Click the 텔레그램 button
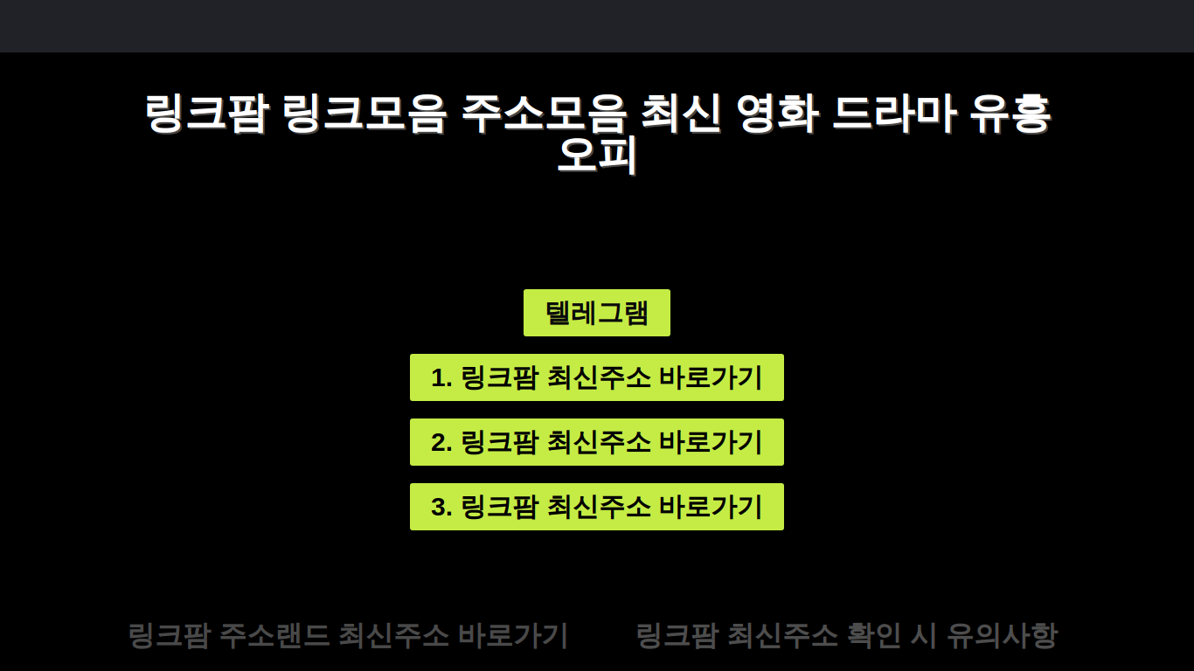pos(596,313)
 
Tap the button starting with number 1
pos(596,377)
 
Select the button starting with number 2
pos(596,442)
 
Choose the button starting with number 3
pos(596,507)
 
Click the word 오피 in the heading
pos(597,156)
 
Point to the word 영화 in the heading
pos(777,113)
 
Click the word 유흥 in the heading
pos(1010,113)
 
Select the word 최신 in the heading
pos(681,113)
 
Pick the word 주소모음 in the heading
pos(543,113)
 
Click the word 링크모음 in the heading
pos(364,113)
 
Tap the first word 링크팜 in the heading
pos(206,113)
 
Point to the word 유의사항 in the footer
pos(1002,635)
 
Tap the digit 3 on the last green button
pos(438,507)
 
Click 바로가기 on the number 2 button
pos(712,442)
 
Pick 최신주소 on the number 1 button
pos(599,377)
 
